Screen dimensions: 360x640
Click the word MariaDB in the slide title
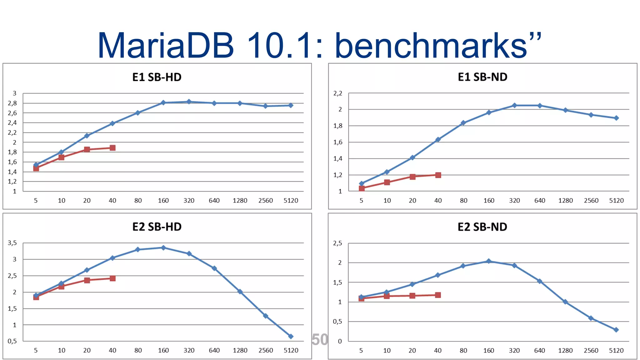(x=166, y=45)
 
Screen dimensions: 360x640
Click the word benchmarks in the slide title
(x=431, y=45)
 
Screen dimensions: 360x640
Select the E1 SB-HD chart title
(x=157, y=77)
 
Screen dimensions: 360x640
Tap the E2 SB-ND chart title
(x=482, y=227)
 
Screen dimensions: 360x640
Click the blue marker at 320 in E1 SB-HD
(x=189, y=102)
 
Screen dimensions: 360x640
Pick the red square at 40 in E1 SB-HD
(x=112, y=148)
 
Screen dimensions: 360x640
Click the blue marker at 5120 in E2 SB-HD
(x=291, y=336)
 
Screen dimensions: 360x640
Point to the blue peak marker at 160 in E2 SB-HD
(x=163, y=247)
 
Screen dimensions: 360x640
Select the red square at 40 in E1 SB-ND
(x=438, y=175)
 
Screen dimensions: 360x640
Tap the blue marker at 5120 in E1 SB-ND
(x=616, y=118)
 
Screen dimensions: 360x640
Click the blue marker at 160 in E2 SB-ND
(x=489, y=261)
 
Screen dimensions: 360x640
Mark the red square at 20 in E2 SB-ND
(x=412, y=296)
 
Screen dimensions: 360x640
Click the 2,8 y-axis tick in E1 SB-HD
(x=12, y=103)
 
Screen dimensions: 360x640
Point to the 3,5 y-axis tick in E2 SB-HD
(x=12, y=243)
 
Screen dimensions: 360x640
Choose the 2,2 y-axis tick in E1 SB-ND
(x=338, y=93)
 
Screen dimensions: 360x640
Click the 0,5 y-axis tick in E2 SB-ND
(x=337, y=321)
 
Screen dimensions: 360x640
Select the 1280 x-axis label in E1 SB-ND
(x=565, y=200)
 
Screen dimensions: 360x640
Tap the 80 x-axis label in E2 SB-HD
(x=138, y=350)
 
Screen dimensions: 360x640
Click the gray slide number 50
(x=320, y=339)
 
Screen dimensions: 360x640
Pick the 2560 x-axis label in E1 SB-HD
(x=265, y=200)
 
